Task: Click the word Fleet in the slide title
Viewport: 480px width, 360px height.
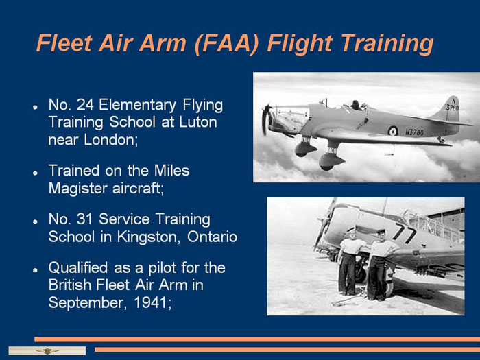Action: [x=64, y=43]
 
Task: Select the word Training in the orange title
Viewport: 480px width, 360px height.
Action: [x=387, y=44]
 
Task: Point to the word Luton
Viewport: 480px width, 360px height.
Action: [x=198, y=122]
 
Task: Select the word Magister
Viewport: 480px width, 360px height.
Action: [x=77, y=188]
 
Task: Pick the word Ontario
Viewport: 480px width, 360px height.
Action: [x=212, y=237]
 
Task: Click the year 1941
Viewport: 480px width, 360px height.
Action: [x=152, y=303]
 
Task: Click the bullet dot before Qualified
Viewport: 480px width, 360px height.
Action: [x=36, y=270]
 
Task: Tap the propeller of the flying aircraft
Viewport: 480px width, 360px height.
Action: [x=266, y=119]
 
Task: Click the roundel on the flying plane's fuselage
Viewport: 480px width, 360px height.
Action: [x=393, y=131]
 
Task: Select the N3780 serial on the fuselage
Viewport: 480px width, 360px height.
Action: [x=414, y=132]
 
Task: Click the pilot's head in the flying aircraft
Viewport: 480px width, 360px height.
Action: [x=355, y=104]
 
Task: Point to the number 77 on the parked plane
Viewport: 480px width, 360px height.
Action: [x=403, y=233]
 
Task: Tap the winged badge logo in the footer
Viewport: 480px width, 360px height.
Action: [x=47, y=351]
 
